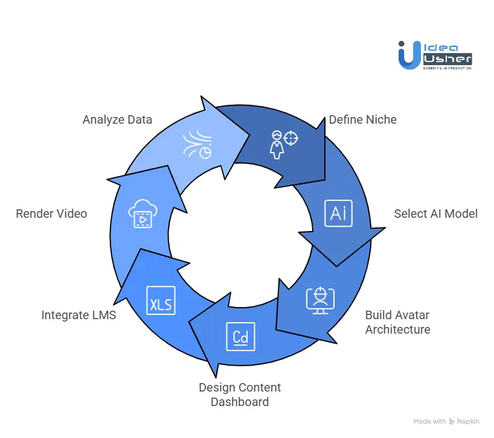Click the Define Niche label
point(362,119)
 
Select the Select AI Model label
point(435,214)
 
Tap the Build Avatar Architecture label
point(397,322)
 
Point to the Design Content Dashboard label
point(240,394)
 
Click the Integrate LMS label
point(79,315)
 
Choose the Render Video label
point(51,214)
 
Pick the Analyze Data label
point(117,119)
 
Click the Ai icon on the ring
point(338,213)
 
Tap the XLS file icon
point(161,300)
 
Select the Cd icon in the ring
point(240,337)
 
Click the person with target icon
point(284,143)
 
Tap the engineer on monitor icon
point(320,299)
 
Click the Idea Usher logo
point(434,54)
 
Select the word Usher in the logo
point(446,59)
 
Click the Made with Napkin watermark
point(447,421)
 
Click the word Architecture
point(397,329)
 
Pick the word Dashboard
point(240,401)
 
